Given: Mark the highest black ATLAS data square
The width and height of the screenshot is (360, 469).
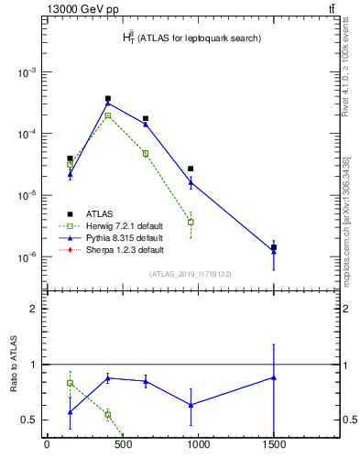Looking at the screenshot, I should point(108,98).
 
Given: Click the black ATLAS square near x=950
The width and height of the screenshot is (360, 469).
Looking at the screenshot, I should point(191,169).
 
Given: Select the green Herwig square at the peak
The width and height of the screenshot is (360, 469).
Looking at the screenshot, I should point(108,115).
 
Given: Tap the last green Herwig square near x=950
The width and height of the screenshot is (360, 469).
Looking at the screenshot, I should point(191,222).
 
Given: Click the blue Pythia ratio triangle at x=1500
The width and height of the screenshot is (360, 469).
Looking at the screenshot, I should point(274,377).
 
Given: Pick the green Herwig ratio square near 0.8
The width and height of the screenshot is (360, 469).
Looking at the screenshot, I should point(70,383).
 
